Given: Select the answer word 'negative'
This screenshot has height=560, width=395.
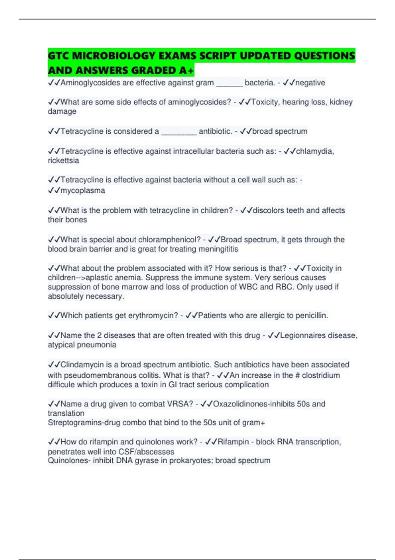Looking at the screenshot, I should (x=310, y=83).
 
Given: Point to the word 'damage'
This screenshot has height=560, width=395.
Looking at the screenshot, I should (x=62, y=111).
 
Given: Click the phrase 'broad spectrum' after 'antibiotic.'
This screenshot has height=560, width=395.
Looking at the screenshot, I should (x=280, y=131).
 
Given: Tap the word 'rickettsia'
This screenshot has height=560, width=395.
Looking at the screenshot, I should (x=63, y=160).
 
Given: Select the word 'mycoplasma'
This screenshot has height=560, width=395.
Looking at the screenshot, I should (x=83, y=190).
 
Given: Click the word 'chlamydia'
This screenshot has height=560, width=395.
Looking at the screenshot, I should (x=315, y=151).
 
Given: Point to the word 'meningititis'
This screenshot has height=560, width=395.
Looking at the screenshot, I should (x=218, y=249).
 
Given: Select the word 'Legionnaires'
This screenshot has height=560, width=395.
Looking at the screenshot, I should (x=303, y=335).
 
